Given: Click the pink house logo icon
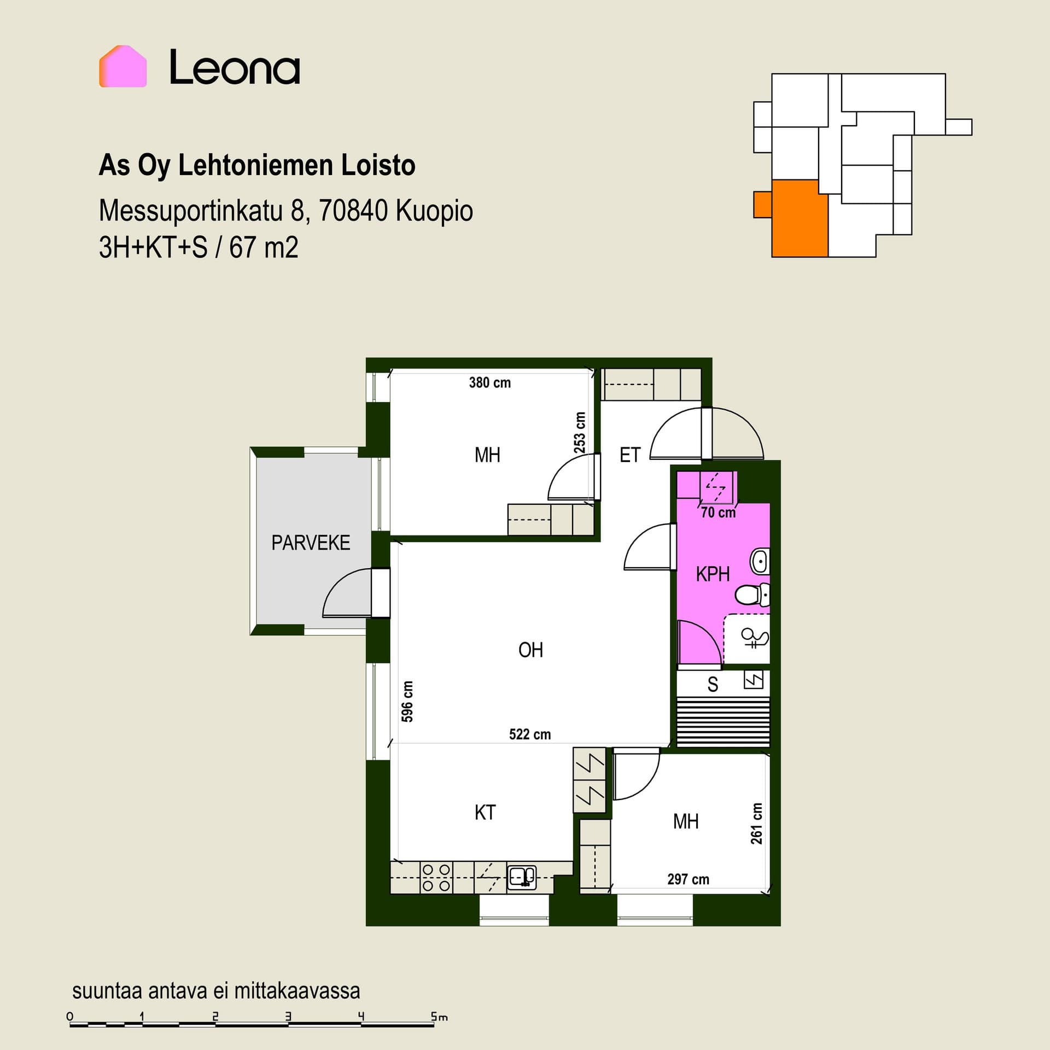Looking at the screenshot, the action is coord(123,66).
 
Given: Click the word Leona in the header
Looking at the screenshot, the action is coord(235,67).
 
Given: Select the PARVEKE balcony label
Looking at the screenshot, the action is coord(311,542).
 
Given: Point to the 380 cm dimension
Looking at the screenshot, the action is coord(490,383).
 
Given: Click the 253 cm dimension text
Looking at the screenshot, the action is coord(580,433).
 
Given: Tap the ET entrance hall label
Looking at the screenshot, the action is coord(630,455).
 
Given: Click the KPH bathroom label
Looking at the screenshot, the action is coord(713,574).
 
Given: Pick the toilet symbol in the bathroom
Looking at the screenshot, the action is coord(752,594).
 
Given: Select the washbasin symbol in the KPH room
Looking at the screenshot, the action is coord(760,562).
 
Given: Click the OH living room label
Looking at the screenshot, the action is coord(530,650).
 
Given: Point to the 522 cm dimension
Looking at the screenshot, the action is coord(530,734).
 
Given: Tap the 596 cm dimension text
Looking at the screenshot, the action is coord(407,702).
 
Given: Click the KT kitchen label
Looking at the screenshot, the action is coord(485,813).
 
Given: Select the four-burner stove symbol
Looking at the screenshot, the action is coord(436,878).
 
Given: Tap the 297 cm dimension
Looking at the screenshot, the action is coord(688,879).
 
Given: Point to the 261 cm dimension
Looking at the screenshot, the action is coord(756,824).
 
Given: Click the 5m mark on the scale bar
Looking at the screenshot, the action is coord(439,1018).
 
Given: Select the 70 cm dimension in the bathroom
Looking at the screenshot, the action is coord(719,512).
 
